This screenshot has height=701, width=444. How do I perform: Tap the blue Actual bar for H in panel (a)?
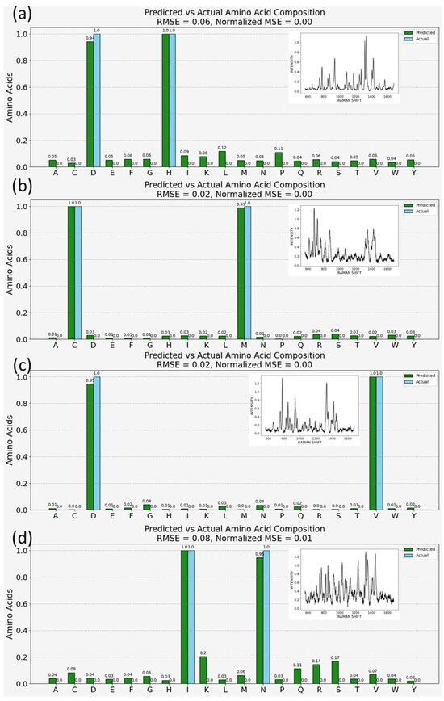[172, 100]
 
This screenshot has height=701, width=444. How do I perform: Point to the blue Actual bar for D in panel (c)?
[97, 443]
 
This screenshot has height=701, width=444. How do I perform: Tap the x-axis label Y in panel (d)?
[413, 692]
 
